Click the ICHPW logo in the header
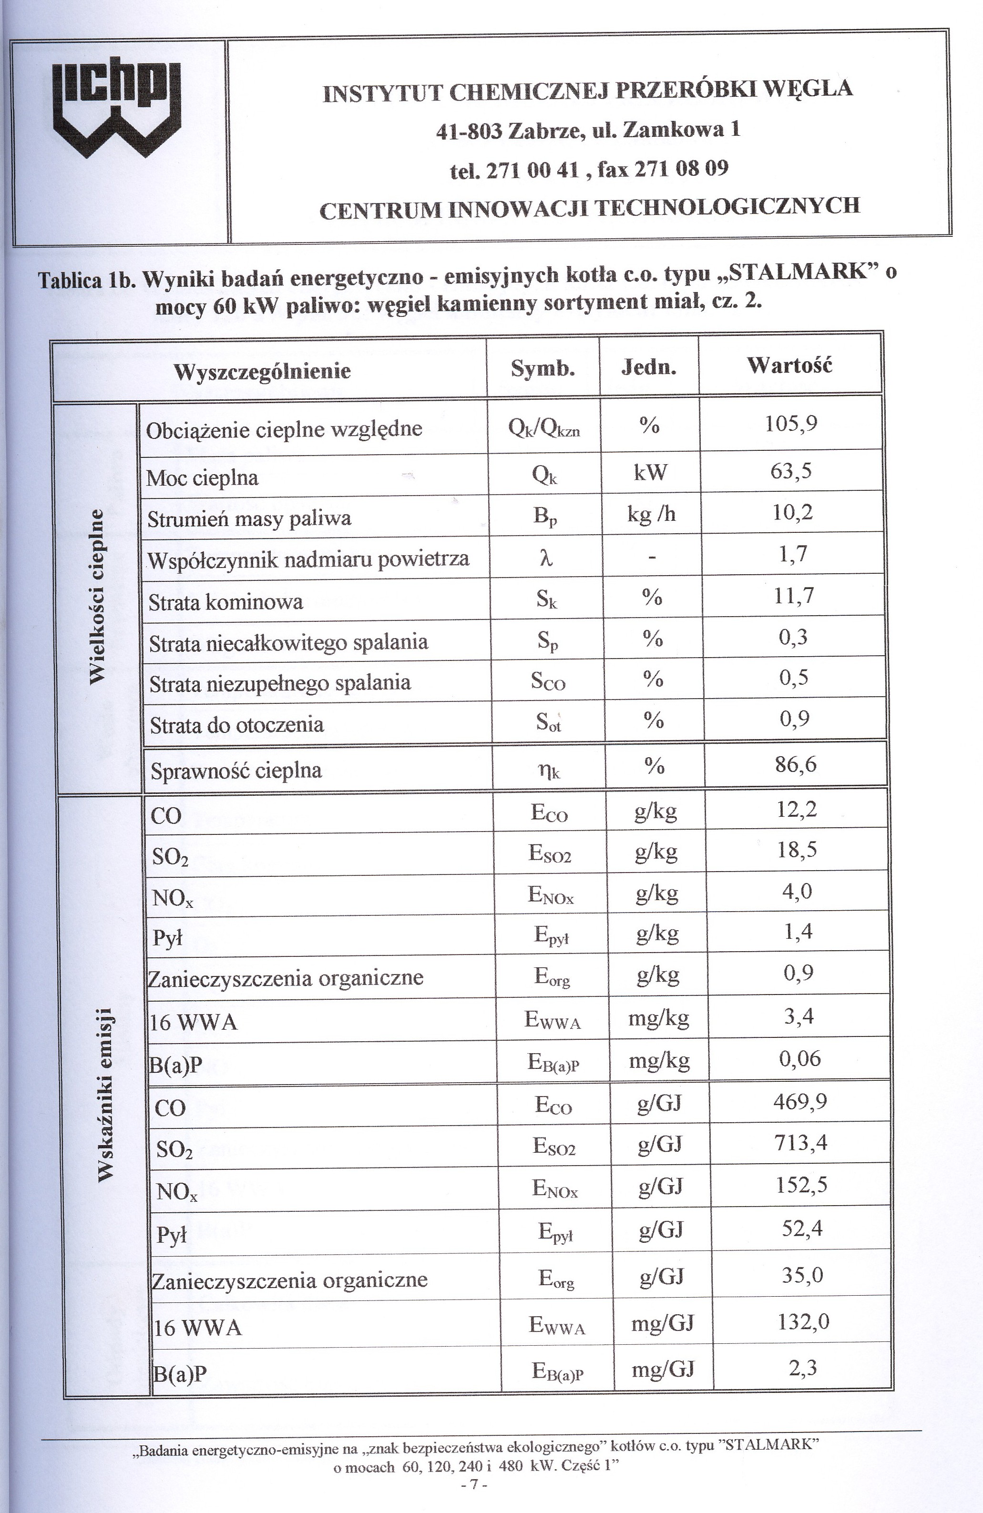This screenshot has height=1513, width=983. click(x=118, y=109)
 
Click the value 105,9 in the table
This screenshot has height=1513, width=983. click(x=790, y=423)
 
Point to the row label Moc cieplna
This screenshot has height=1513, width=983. click(x=202, y=477)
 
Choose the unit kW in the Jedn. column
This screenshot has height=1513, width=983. click(x=650, y=472)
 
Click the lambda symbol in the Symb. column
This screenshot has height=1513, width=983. click(x=545, y=557)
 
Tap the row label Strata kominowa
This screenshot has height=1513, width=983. click(x=225, y=601)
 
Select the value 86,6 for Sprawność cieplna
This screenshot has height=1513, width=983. click(x=796, y=764)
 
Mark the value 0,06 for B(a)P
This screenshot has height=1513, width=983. click(x=799, y=1058)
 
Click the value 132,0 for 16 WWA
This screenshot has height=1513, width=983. click(x=803, y=1321)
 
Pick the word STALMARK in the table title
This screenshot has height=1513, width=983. click(x=799, y=272)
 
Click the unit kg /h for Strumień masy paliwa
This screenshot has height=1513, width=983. click(x=651, y=514)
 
